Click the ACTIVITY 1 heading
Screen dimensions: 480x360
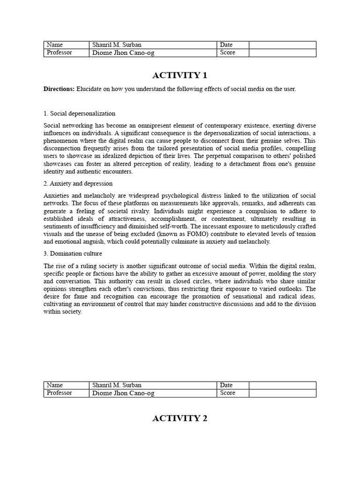[x=180, y=75]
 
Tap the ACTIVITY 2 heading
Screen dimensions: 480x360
[x=180, y=419]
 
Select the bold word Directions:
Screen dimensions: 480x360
[x=59, y=89]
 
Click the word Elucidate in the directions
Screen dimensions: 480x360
[x=89, y=89]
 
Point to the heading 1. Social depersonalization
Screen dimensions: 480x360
[x=79, y=113]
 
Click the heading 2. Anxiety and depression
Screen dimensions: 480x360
[x=78, y=183]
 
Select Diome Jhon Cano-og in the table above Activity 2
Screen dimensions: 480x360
[x=123, y=393]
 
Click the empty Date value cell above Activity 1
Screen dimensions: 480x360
[x=282, y=45]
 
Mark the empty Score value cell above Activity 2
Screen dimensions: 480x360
[x=282, y=393]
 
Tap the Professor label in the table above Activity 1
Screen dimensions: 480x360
[x=60, y=52]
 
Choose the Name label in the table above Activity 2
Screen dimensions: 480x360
[x=55, y=385]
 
